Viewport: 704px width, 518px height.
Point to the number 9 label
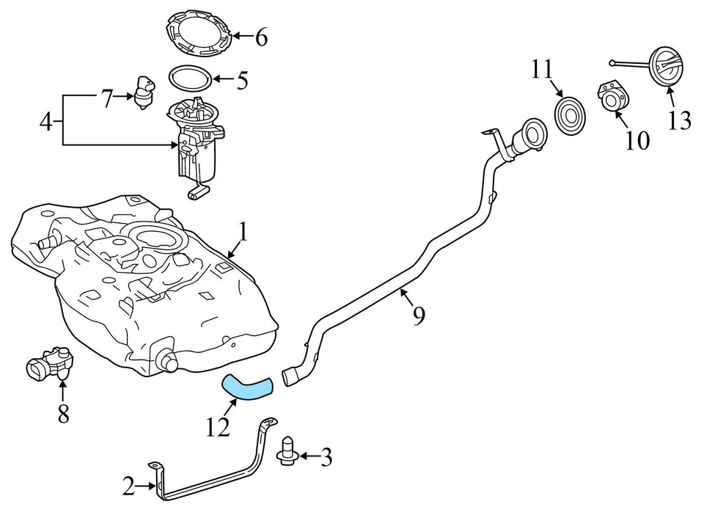click(x=419, y=315)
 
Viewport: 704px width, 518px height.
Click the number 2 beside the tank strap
click(x=129, y=485)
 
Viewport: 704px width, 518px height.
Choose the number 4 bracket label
click(x=46, y=121)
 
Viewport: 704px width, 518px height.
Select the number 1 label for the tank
click(x=243, y=233)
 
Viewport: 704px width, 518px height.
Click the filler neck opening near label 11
click(x=531, y=136)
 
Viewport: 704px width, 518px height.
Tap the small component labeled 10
click(x=614, y=99)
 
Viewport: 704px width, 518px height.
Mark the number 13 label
click(x=680, y=120)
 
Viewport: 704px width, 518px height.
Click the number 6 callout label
click(x=261, y=37)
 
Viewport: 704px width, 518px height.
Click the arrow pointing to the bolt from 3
click(x=306, y=458)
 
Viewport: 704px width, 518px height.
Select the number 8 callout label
click(x=63, y=415)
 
